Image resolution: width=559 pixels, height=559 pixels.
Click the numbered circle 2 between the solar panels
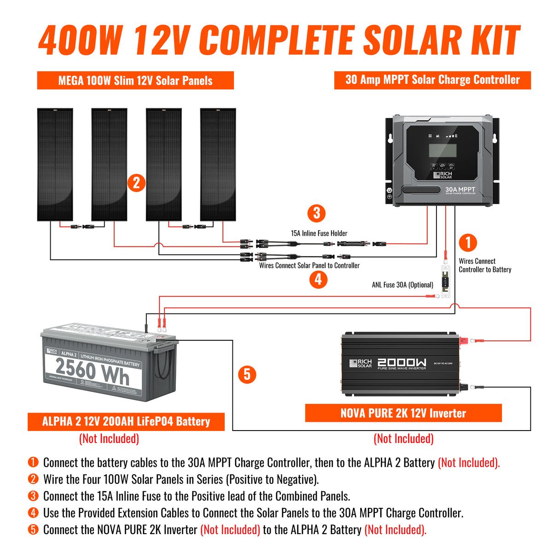click(136, 183)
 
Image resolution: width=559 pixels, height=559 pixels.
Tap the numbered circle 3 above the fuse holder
click(316, 213)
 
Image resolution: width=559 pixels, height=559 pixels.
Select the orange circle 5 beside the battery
click(247, 374)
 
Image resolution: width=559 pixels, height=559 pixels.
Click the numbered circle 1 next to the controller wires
click(468, 243)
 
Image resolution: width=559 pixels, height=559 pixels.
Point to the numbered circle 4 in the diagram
click(318, 279)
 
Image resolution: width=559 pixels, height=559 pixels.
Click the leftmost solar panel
click(55, 164)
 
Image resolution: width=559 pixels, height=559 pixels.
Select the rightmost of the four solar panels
click(218, 164)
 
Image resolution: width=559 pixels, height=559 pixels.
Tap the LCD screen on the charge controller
click(443, 150)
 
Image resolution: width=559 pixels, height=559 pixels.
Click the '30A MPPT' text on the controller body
click(460, 190)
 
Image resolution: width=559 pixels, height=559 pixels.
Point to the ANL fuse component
click(445, 281)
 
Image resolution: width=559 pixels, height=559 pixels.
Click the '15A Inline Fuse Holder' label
click(319, 233)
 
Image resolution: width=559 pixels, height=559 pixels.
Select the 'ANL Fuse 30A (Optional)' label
click(402, 285)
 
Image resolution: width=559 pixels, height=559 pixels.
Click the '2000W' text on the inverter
click(402, 362)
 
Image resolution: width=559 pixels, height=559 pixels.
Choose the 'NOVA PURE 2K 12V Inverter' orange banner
click(403, 413)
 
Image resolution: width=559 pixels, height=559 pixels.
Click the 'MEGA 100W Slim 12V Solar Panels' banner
click(135, 81)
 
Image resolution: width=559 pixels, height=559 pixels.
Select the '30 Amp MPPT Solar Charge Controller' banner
click(432, 80)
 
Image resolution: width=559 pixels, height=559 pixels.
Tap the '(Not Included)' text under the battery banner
click(109, 438)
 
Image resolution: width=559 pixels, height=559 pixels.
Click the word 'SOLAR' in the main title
click(413, 41)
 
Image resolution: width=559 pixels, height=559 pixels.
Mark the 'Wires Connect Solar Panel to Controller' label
click(309, 266)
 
